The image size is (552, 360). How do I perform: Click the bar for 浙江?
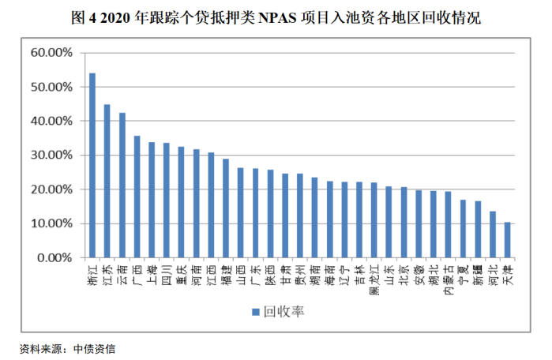[92, 165]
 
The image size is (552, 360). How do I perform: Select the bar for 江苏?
[107, 181]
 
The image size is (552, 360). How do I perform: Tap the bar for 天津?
[507, 240]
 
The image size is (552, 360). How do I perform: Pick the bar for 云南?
[122, 185]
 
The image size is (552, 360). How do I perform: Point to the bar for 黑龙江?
[374, 220]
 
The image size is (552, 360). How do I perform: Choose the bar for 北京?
[404, 223]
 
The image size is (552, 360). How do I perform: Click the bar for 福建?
[226, 208]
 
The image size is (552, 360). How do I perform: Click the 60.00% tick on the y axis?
[51, 53]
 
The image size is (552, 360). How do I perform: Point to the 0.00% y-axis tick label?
[54, 257]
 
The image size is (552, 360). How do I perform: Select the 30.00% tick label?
[51, 156]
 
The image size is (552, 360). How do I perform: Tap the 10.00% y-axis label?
[51, 223]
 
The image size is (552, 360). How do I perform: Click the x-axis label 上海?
[152, 272]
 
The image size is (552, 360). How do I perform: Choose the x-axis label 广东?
[256, 272]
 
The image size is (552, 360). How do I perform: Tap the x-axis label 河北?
[493, 272]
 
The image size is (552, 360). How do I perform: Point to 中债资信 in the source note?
[94, 347]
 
